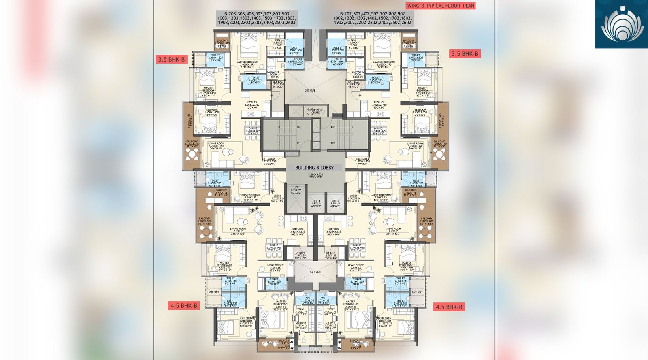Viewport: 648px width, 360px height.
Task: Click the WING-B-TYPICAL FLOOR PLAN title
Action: click(441, 6)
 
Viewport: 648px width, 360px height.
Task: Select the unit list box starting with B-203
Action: click(257, 18)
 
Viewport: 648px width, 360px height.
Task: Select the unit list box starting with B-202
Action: click(372, 18)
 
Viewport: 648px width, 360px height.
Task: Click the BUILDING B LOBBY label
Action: click(314, 168)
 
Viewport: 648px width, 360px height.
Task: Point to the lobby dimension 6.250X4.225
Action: click(315, 175)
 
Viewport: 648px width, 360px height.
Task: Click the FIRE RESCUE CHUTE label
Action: click(315, 111)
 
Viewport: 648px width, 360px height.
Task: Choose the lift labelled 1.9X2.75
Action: click(296, 190)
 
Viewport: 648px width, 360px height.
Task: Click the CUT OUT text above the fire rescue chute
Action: click(310, 91)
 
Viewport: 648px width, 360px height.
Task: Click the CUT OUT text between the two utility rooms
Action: click(315, 272)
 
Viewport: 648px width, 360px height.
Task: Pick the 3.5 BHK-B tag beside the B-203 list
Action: click(171, 60)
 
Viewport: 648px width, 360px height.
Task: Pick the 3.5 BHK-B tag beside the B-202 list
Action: click(465, 54)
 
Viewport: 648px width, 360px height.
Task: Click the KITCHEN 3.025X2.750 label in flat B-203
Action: click(252, 104)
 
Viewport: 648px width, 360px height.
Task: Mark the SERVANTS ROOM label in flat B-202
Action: click(358, 74)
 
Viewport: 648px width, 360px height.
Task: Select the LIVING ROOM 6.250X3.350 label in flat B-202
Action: click(415, 146)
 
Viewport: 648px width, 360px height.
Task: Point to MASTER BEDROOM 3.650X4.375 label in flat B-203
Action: click(247, 64)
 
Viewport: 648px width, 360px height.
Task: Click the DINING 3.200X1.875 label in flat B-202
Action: click(378, 130)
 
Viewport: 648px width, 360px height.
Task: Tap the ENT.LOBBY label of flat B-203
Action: click(269, 161)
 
